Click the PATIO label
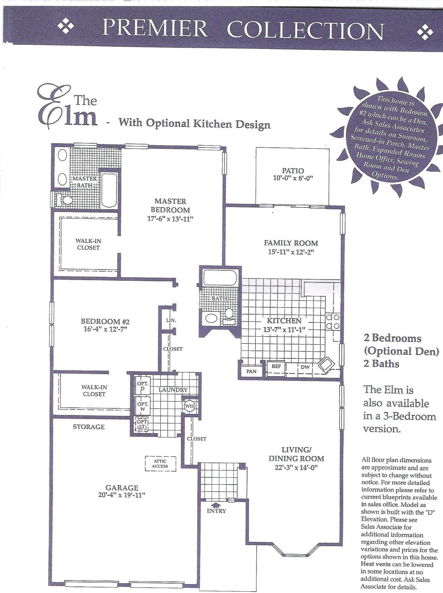coord(293,171)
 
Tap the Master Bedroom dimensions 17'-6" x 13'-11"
coord(170,219)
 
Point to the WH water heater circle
coord(189,406)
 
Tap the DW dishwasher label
coord(305,367)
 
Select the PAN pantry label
coord(251,371)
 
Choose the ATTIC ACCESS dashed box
coord(160,464)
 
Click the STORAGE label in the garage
coord(89,427)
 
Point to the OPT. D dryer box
coord(142,386)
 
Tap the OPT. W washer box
coord(142,406)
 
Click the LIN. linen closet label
coord(171,320)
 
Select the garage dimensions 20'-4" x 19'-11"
coord(122,495)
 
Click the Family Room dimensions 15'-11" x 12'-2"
coord(291,252)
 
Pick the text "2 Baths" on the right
coord(381,364)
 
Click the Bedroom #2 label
coord(105,321)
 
